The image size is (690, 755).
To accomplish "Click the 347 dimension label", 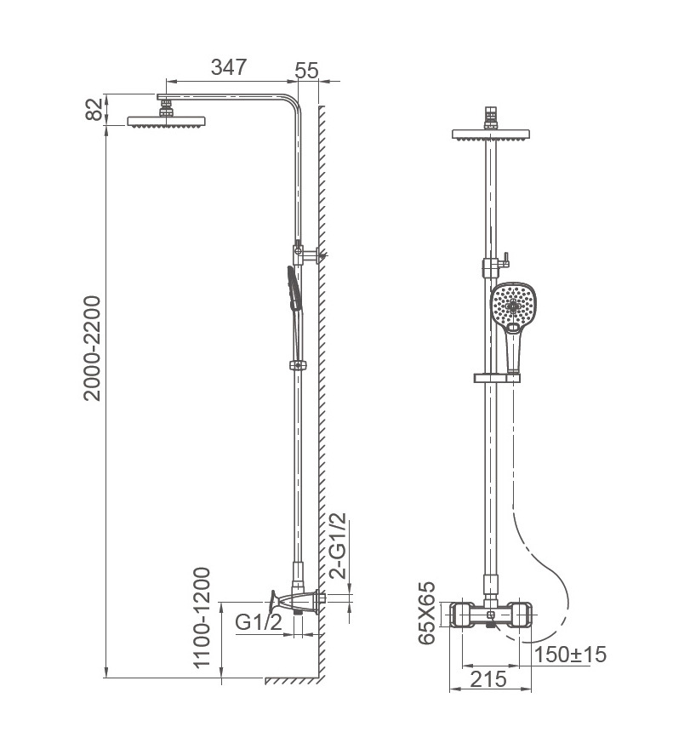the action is point(229,67).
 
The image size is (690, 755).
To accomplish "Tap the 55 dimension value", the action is point(306,71).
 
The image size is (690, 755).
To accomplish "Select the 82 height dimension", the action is point(94,109).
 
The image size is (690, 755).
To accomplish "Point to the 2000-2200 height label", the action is point(92,348).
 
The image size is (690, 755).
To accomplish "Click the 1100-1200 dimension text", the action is point(202,618).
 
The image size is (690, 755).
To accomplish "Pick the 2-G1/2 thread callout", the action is point(337,545).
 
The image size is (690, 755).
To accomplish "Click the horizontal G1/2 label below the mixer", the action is point(259,622).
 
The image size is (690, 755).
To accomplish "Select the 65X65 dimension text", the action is point(426,613).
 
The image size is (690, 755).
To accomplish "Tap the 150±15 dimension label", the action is point(570,655).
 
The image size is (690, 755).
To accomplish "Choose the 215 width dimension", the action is point(488,679).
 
